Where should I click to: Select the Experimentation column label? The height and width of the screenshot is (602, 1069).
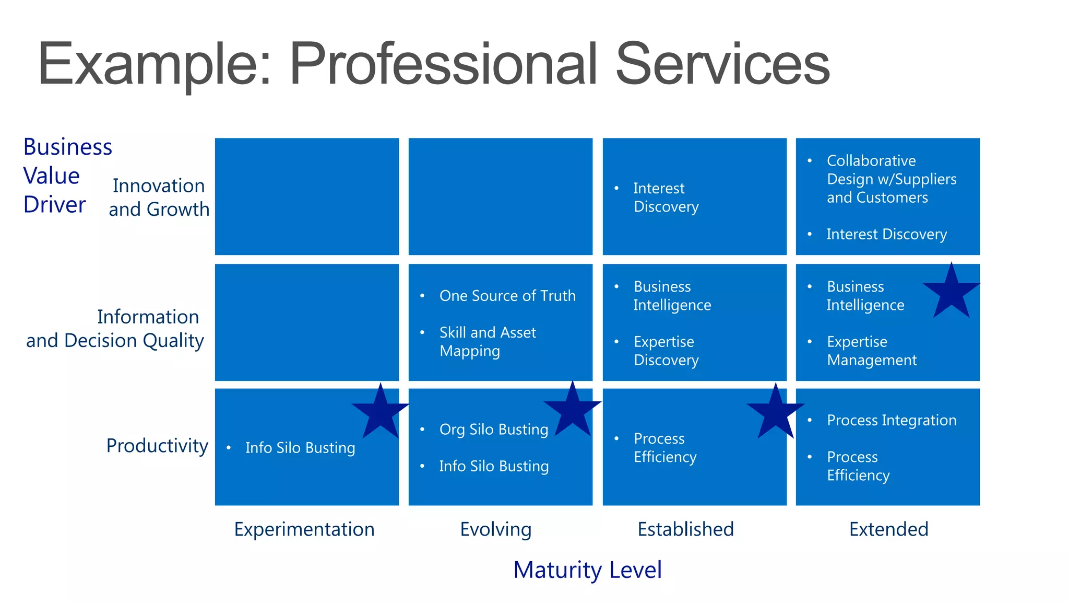point(304,529)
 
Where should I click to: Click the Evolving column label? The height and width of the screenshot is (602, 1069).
point(496,529)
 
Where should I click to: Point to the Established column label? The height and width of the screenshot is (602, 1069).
point(686,529)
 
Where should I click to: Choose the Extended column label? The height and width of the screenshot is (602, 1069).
point(888,529)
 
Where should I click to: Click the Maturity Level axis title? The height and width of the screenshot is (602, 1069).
point(587,570)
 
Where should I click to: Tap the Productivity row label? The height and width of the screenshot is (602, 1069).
point(157,446)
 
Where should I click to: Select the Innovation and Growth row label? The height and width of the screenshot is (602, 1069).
point(159,198)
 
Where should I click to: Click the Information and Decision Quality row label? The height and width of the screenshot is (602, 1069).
point(115,329)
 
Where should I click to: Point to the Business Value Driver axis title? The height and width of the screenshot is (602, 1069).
point(67,176)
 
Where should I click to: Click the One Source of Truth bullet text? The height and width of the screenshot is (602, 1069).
point(507,296)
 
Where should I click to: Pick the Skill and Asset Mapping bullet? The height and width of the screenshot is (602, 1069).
point(488,342)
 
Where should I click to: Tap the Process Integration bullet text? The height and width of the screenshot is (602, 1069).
point(892,420)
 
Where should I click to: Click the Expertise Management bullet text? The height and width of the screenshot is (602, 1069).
point(871,351)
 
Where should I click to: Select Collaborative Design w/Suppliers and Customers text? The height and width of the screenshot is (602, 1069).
point(892,179)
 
